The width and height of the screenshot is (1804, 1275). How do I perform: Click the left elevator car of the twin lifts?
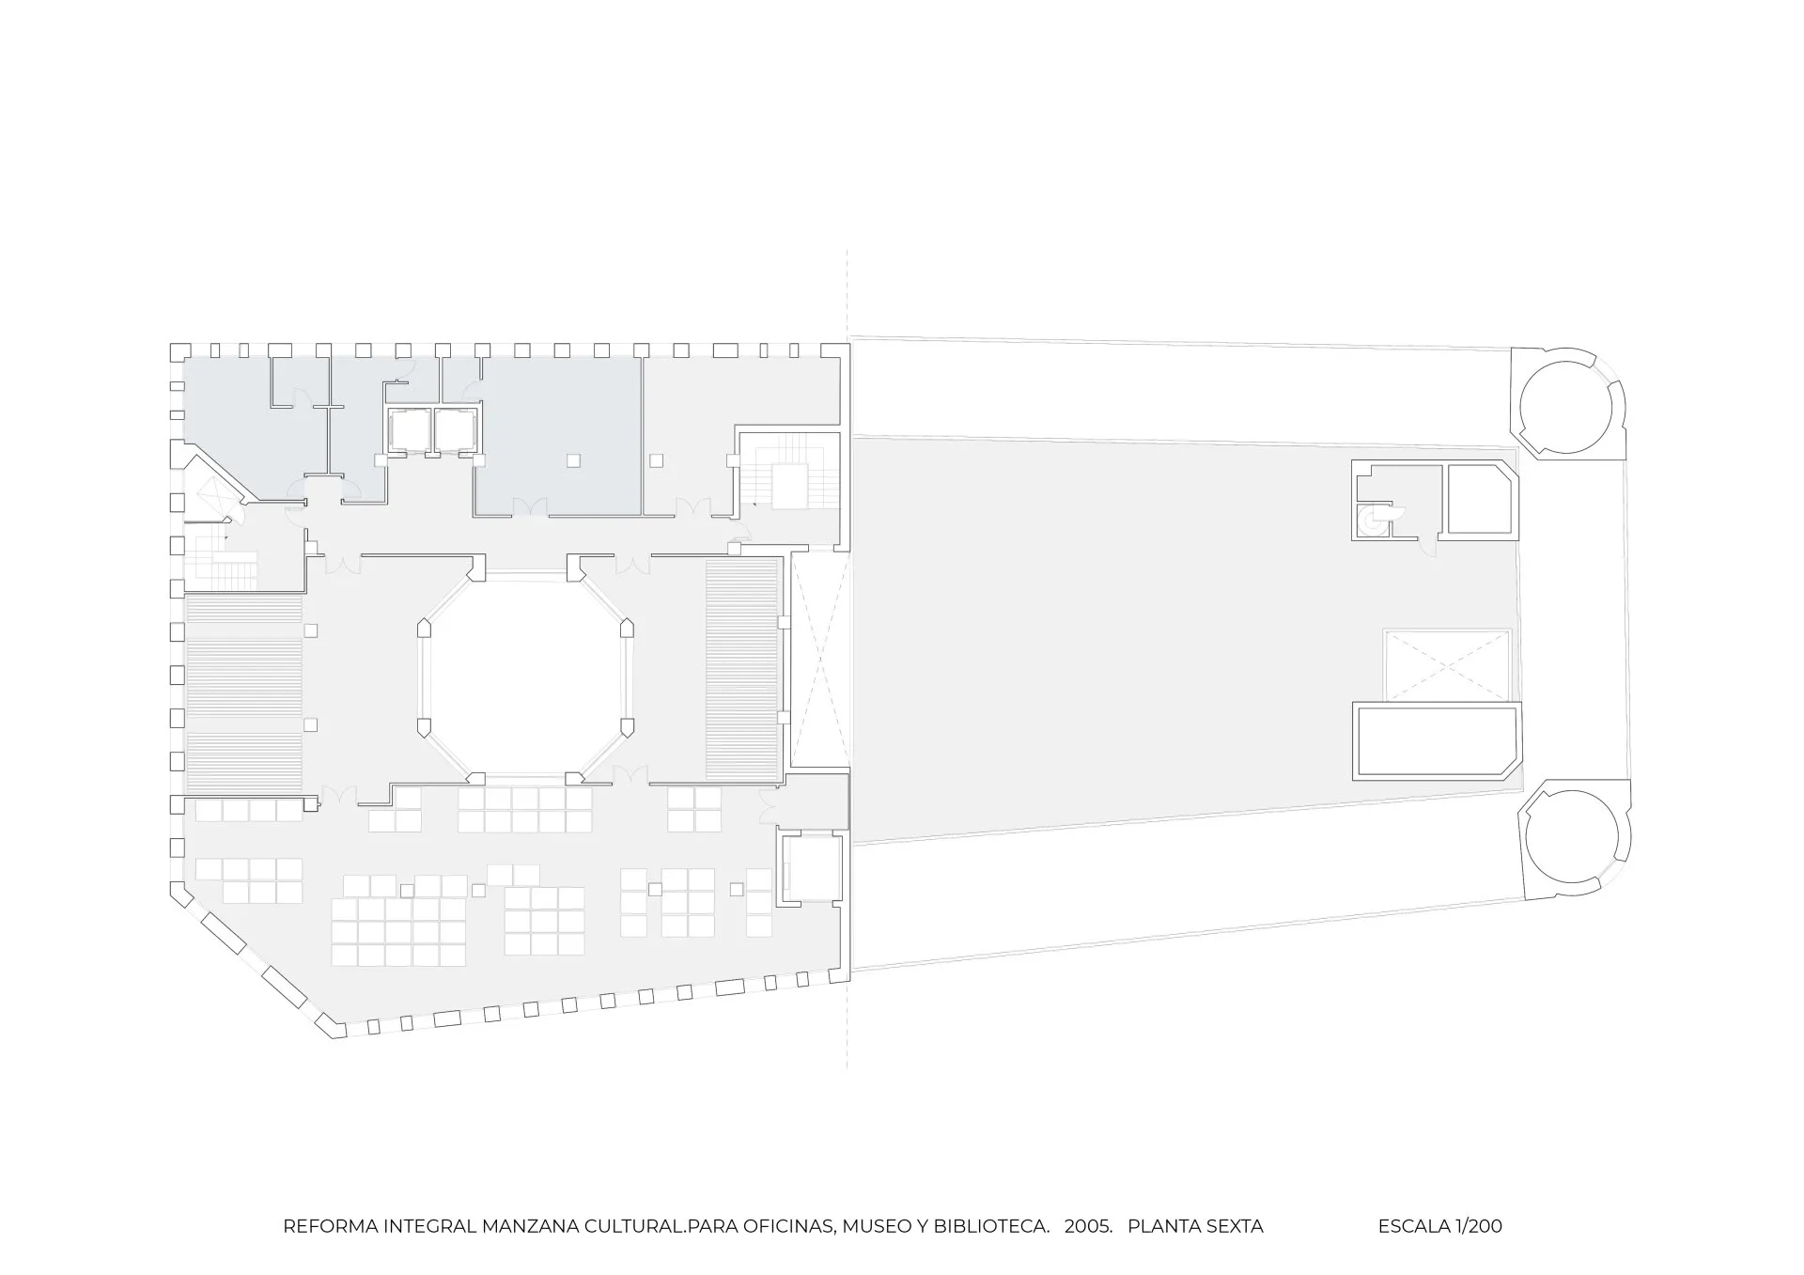408,430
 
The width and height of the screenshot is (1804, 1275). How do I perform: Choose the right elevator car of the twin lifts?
454,430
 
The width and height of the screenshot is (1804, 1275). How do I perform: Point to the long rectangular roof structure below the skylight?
1436,741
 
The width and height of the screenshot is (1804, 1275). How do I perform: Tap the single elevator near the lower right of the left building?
812,866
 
